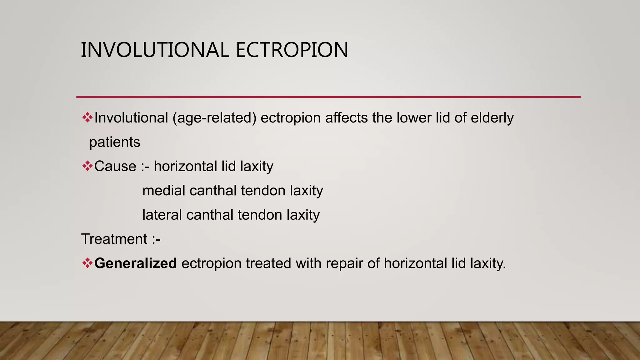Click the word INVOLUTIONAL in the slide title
pos(155,50)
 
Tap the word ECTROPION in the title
pos(292,50)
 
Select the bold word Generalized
pos(136,263)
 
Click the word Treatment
pos(114,239)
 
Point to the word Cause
pos(115,166)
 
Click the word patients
pos(115,142)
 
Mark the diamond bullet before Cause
pos(87,166)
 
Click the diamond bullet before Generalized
pos(87,263)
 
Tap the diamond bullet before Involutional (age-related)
pos(87,117)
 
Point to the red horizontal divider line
pos(328,97)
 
